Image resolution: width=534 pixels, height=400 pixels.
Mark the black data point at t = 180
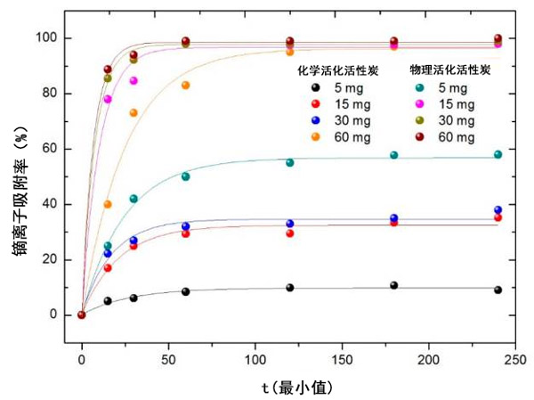click(x=393, y=286)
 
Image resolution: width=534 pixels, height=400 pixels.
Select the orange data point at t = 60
click(x=185, y=86)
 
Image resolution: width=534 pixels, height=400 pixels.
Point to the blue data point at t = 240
click(x=498, y=210)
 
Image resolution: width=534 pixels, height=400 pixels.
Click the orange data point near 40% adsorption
click(x=108, y=204)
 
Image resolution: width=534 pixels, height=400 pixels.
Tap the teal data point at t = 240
click(x=498, y=154)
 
